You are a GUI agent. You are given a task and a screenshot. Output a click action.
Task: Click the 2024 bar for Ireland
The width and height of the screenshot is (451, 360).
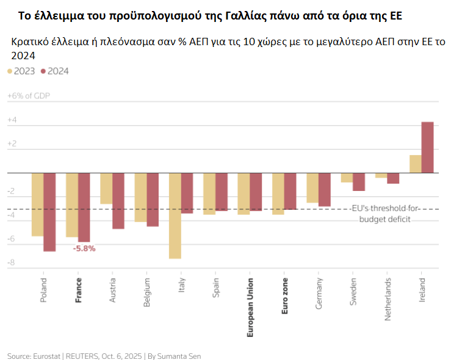(x=427, y=147)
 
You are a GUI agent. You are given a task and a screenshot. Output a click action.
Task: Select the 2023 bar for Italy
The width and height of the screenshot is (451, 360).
(x=175, y=215)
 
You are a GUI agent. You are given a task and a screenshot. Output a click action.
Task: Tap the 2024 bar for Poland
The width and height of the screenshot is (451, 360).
(x=49, y=212)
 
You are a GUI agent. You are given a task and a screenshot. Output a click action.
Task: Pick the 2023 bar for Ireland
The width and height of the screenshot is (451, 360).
(x=415, y=164)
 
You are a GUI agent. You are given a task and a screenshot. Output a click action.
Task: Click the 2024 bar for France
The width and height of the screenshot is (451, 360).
(x=84, y=207)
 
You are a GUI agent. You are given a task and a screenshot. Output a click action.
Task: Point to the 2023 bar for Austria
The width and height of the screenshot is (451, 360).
(x=106, y=188)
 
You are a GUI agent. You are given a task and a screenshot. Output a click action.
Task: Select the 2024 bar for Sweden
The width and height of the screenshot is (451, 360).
(x=359, y=182)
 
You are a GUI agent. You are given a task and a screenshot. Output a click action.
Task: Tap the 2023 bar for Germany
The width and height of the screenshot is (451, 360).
(x=312, y=187)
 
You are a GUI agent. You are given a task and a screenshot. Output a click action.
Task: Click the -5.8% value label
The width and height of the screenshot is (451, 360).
(x=84, y=248)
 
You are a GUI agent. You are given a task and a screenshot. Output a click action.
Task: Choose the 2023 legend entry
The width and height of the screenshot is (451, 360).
(x=21, y=71)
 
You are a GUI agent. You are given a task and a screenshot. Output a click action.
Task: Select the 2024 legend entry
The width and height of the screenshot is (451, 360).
(x=54, y=71)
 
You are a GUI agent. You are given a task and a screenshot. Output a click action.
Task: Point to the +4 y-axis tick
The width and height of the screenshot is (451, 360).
(x=12, y=121)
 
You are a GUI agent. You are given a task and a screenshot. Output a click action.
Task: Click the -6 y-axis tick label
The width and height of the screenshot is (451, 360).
(x=10, y=239)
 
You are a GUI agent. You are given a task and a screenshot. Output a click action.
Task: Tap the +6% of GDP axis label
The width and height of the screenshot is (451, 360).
(x=28, y=96)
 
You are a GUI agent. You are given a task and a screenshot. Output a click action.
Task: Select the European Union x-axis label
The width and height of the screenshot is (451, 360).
(x=250, y=308)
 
